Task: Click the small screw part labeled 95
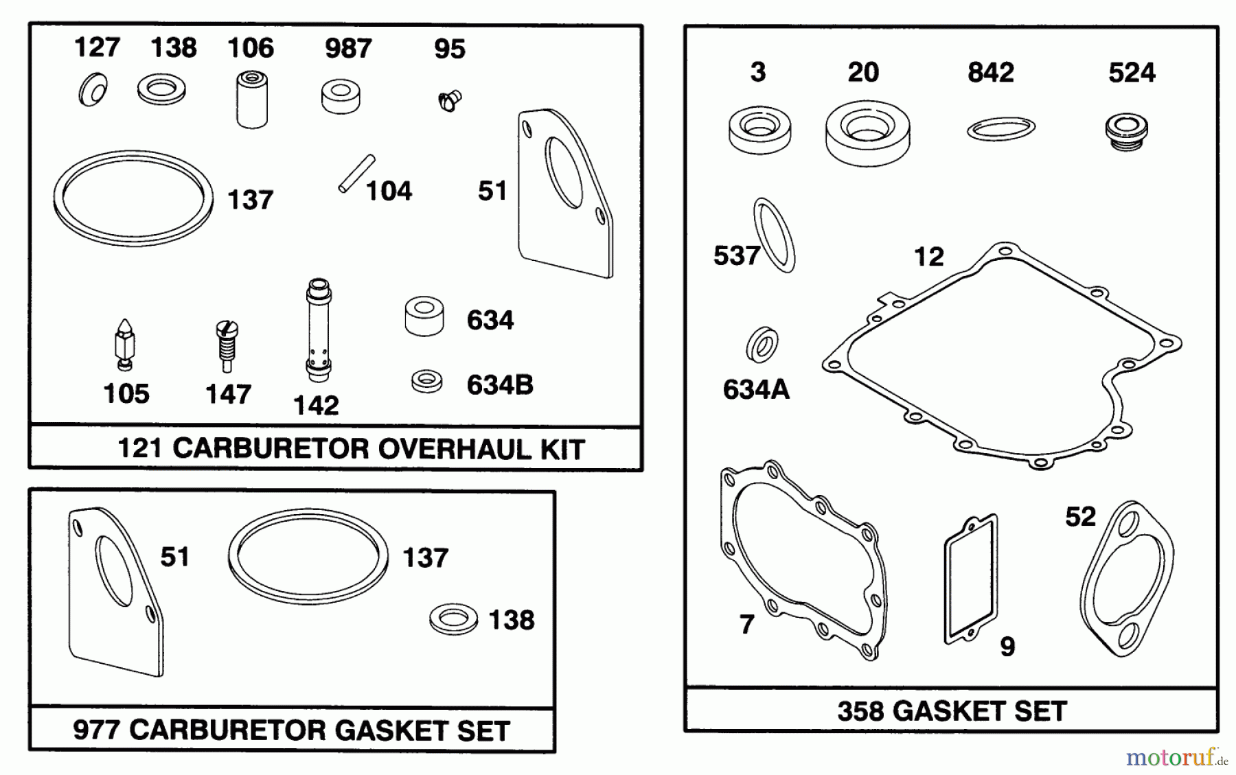point(450,102)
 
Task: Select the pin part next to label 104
point(356,174)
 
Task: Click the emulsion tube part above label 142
point(319,329)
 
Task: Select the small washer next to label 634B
point(426,381)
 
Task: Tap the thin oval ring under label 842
point(1000,129)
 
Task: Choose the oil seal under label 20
point(867,133)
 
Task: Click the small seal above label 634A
point(762,345)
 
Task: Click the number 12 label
point(928,257)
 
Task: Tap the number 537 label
point(736,256)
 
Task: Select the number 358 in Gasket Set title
point(860,710)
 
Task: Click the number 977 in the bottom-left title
point(97,730)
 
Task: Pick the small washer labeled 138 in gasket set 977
point(453,619)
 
